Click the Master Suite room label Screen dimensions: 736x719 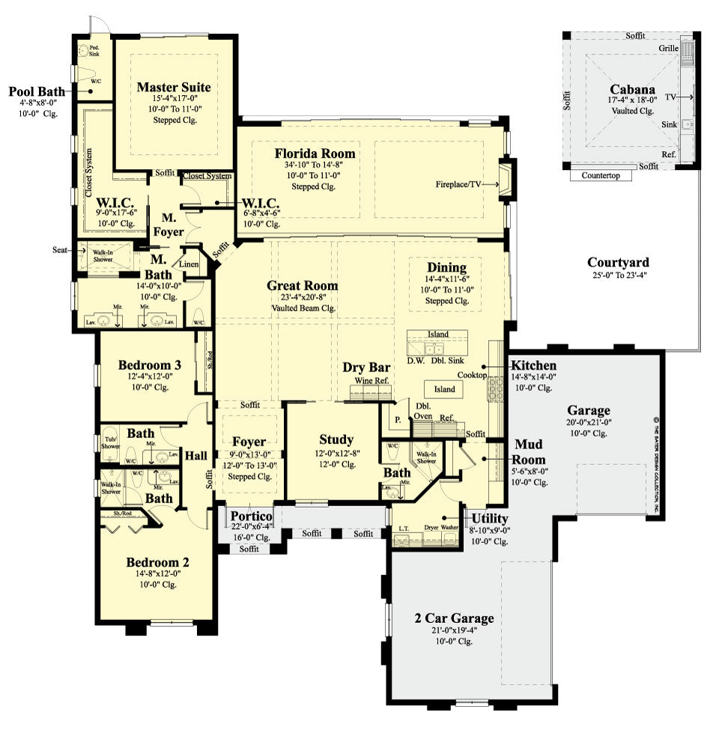coord(174,88)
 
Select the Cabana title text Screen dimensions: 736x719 coord(634,88)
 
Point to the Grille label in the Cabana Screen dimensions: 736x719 coord(669,48)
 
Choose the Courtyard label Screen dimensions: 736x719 coord(618,262)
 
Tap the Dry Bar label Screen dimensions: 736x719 coord(367,368)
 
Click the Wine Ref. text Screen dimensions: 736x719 coord(372,380)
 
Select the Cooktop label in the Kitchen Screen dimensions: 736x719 coord(473,375)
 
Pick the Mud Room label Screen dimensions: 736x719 coord(530,451)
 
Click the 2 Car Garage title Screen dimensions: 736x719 coord(455,618)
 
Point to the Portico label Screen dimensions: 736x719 coord(250,517)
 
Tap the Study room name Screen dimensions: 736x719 coord(336,440)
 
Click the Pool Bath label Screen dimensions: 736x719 coord(34,92)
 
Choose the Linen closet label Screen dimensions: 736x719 coord(187,264)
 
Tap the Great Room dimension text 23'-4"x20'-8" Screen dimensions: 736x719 coord(303,297)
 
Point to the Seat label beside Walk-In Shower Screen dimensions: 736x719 coord(61,249)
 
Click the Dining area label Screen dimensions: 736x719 coord(446,267)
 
